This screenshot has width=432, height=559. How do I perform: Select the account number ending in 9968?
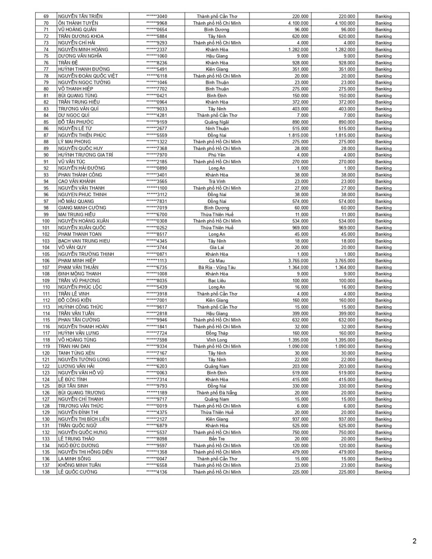(157, 23)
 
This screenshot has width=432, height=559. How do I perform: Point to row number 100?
(46, 221)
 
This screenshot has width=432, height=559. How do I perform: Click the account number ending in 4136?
(157, 472)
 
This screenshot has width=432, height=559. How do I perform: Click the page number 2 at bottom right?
(414, 541)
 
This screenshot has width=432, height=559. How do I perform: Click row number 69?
(46, 17)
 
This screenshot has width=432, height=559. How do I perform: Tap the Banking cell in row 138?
(383, 472)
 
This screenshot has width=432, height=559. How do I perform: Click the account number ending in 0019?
(157, 405)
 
